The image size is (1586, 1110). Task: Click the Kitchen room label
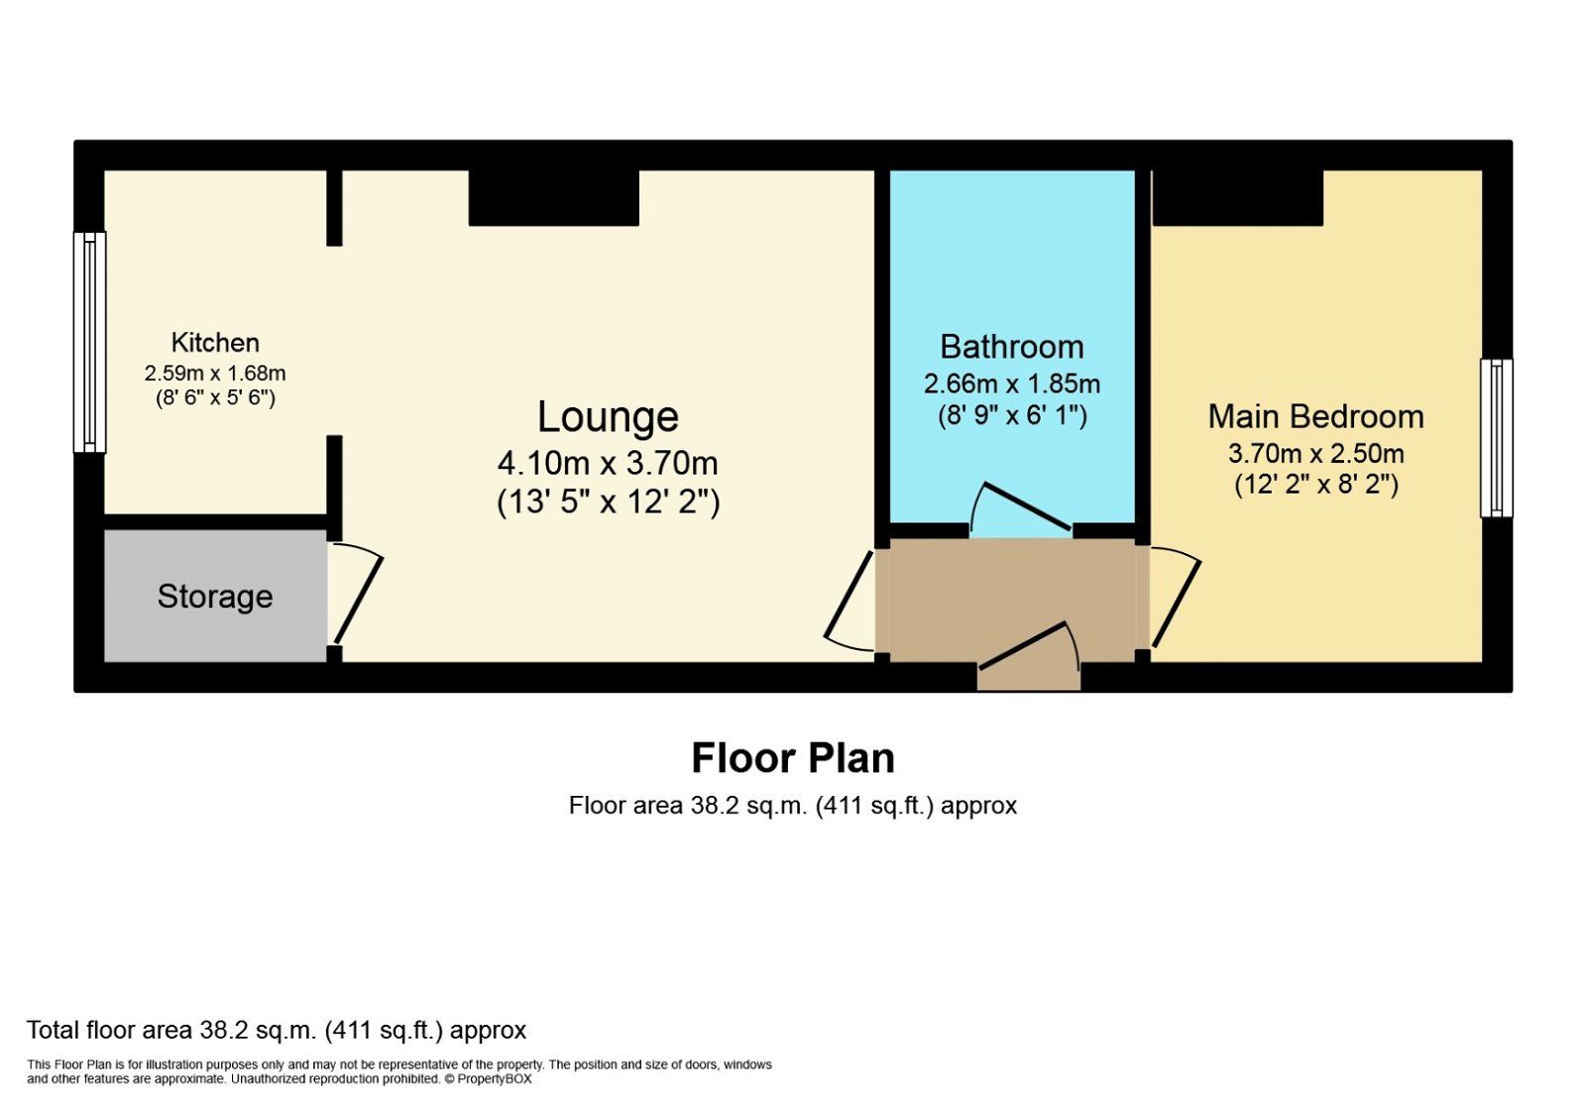[x=215, y=343]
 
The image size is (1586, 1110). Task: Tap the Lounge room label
[x=608, y=417]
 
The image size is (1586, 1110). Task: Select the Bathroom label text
[x=1011, y=347]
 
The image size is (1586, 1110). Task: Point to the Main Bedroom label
[x=1315, y=416]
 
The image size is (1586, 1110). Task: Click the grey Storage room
[x=215, y=597]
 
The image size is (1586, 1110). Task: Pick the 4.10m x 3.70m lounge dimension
[x=608, y=463]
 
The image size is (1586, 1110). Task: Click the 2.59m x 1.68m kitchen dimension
[x=215, y=374]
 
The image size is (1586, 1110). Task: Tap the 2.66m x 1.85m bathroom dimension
[x=1011, y=384]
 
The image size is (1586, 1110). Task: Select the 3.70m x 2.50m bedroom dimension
[x=1315, y=454]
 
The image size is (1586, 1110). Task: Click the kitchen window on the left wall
[x=90, y=342]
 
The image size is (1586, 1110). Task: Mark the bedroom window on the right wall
[x=1496, y=438]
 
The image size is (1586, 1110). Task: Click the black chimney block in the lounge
[x=553, y=197]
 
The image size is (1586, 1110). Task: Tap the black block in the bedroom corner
[x=1237, y=197]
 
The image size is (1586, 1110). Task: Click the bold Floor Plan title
[x=793, y=758]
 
